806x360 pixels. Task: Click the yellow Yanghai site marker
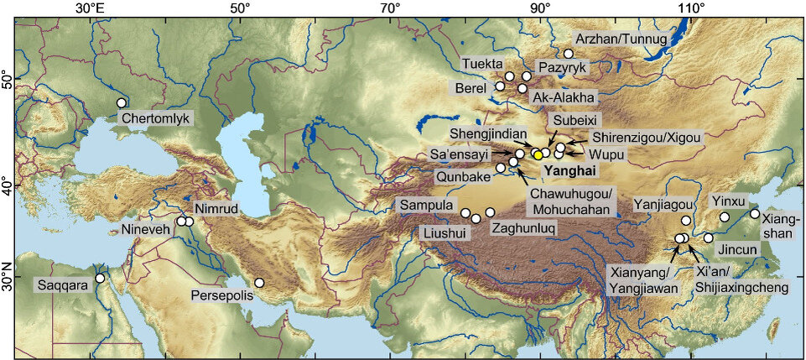[x=538, y=154]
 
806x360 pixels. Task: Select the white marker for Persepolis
[x=260, y=284]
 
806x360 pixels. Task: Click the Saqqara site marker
[x=100, y=279]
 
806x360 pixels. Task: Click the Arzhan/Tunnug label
[x=621, y=39]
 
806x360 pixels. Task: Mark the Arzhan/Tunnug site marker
[x=568, y=54]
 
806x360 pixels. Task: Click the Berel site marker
[x=500, y=86]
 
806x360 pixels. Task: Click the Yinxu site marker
[x=725, y=217]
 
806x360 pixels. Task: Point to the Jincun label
[x=737, y=250]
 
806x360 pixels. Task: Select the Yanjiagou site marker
[x=686, y=221]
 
